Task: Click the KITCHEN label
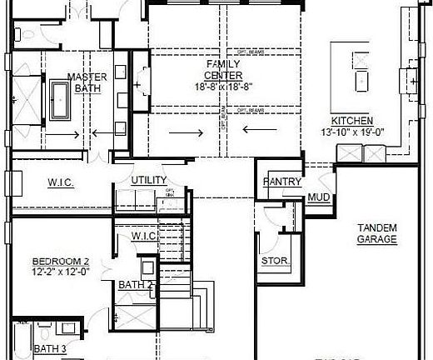(353, 121)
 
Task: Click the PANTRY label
(281, 182)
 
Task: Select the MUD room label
(318, 197)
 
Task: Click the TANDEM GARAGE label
(376, 233)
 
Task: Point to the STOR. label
(276, 262)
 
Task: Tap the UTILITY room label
(149, 180)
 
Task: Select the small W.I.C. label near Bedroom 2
(145, 237)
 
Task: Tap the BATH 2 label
(134, 284)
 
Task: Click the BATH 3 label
(50, 349)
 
